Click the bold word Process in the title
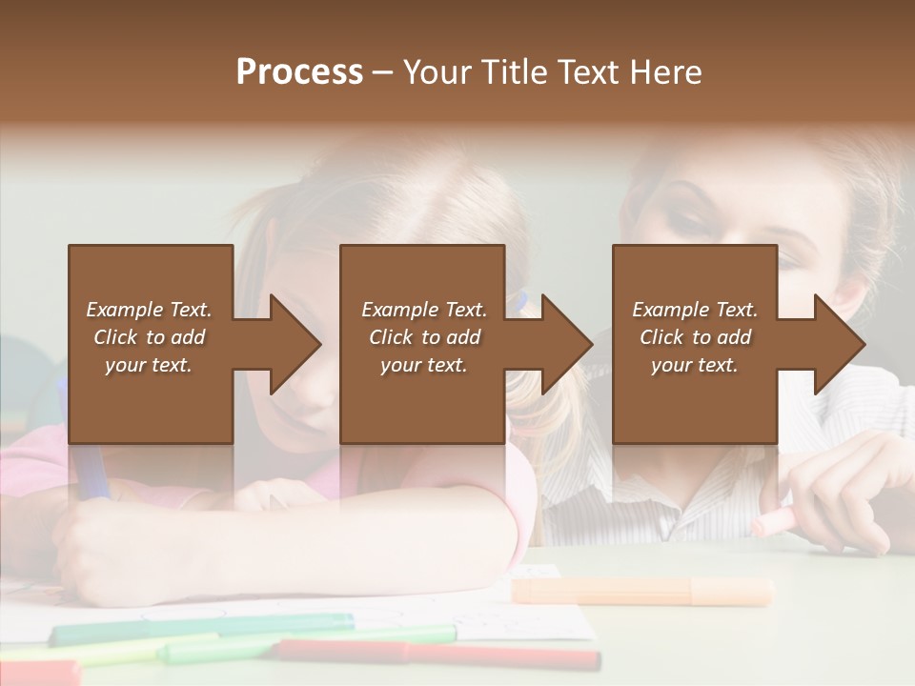coord(299,72)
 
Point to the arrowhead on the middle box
coord(565,344)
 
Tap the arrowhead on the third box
coord(838,344)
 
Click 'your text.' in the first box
coord(149,365)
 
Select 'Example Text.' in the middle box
coord(424,310)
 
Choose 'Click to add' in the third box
coord(696,337)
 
